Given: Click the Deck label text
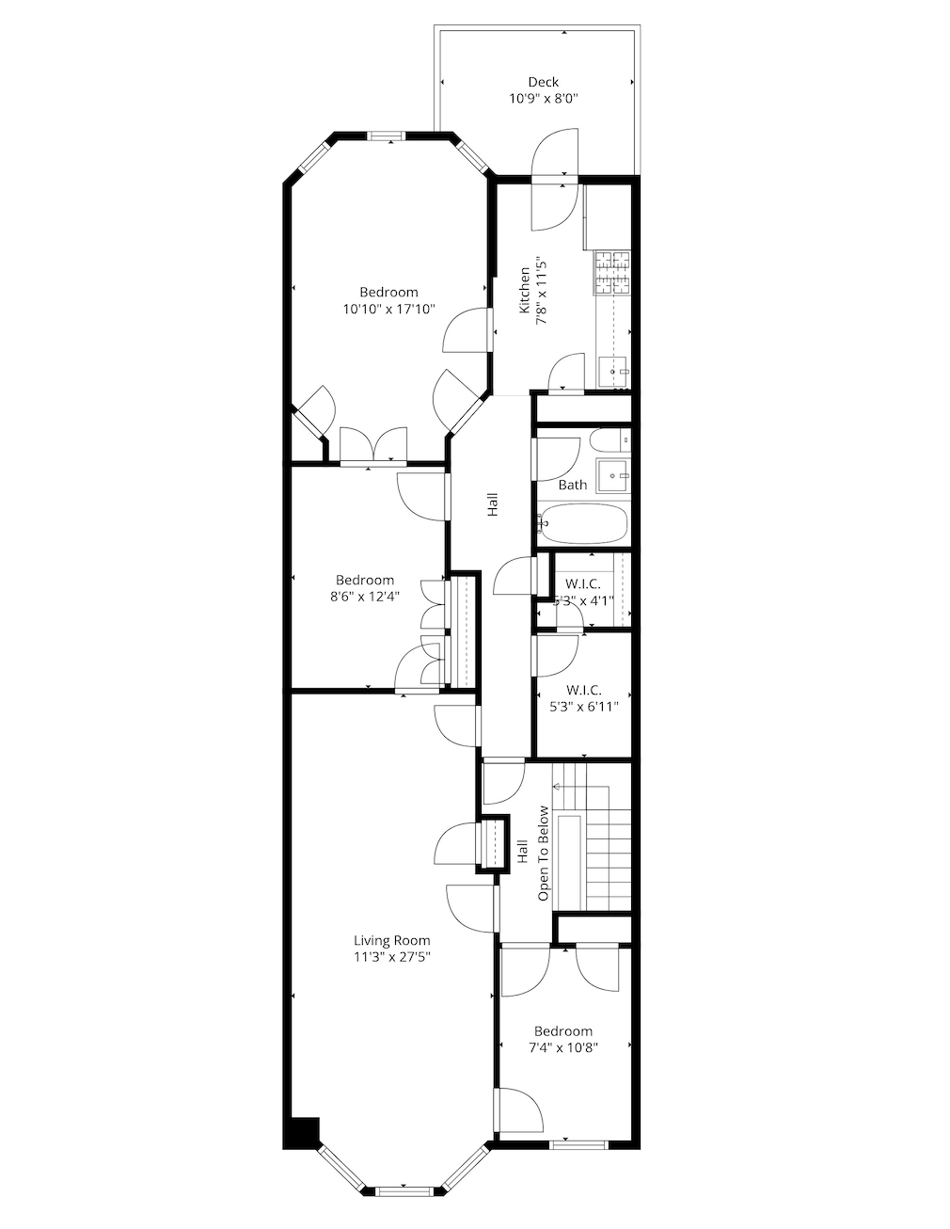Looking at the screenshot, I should pyautogui.click(x=543, y=82).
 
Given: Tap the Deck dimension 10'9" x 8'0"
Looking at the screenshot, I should pyautogui.click(x=543, y=98).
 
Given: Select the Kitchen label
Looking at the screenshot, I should pyautogui.click(x=524, y=291).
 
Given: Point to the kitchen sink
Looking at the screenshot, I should pyautogui.click(x=614, y=372).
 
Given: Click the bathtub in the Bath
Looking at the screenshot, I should pyautogui.click(x=582, y=524).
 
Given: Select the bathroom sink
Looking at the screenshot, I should pyautogui.click(x=614, y=475).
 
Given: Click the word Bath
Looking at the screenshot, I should pyautogui.click(x=573, y=485).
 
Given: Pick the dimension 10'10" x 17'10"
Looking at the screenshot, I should pyautogui.click(x=388, y=309).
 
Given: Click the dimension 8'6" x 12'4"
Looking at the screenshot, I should pyautogui.click(x=365, y=597).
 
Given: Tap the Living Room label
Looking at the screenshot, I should pyautogui.click(x=391, y=940).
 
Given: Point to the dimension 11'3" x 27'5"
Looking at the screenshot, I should pyautogui.click(x=391, y=957).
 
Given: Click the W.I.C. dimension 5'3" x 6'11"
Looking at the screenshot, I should pyautogui.click(x=583, y=708).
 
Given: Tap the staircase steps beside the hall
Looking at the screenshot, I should pyautogui.click(x=607, y=847).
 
